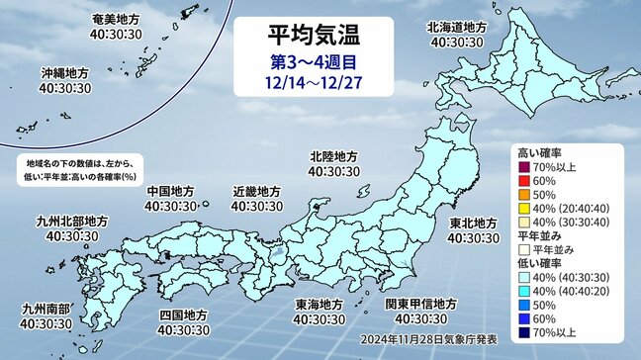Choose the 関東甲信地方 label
pos(418,304)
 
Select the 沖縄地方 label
pos(65,73)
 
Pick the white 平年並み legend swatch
pos(524,248)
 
